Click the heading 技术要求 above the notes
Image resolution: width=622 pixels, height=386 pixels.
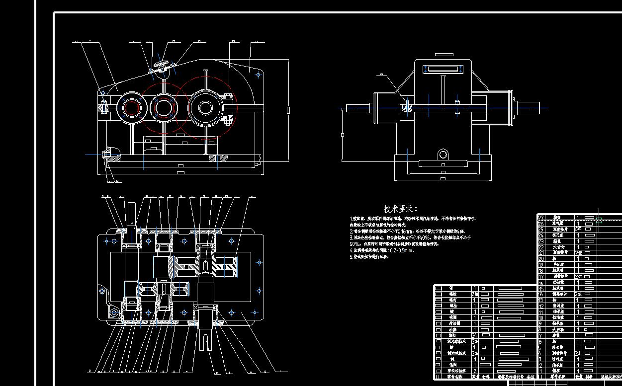click(401, 209)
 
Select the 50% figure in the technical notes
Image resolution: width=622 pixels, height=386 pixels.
click(355, 244)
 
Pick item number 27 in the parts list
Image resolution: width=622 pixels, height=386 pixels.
click(541, 218)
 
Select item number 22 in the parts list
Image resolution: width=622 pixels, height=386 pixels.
click(541, 247)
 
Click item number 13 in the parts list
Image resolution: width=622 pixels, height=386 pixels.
click(541, 300)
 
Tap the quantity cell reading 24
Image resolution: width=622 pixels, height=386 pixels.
click(474, 336)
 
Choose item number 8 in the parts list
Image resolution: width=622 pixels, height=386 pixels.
click(540, 329)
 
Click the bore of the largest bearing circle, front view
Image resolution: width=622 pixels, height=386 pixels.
click(205, 107)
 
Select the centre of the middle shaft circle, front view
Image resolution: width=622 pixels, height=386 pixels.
click(164, 107)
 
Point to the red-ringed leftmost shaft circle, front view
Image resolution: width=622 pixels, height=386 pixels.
click(131, 107)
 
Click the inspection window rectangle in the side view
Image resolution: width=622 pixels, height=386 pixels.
click(441, 69)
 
